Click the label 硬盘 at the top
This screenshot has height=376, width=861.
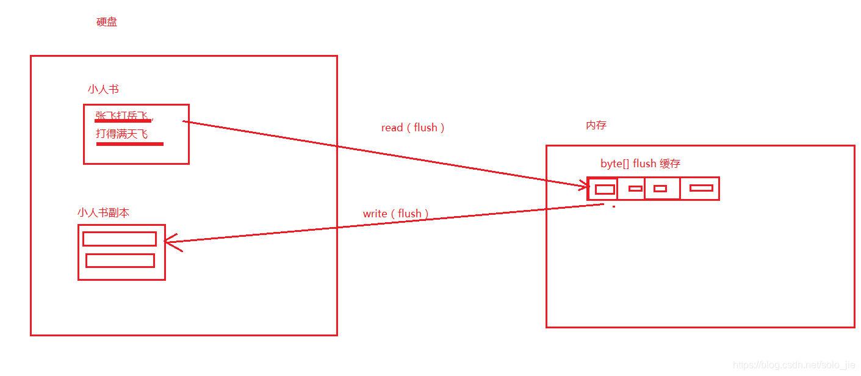[x=107, y=23]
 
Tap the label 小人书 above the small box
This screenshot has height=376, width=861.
[x=103, y=89]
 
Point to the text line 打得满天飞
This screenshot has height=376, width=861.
[x=122, y=134]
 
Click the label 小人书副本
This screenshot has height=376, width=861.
[x=103, y=212]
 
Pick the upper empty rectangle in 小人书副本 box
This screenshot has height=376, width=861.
[x=120, y=239]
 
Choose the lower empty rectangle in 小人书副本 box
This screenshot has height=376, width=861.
[x=120, y=261]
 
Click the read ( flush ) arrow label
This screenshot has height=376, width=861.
[x=412, y=128]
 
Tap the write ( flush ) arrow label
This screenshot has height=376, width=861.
[x=395, y=214]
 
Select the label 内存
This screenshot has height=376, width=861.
[x=596, y=125]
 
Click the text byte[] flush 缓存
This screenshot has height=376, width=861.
[x=640, y=164]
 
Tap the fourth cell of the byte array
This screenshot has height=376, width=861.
[x=700, y=188]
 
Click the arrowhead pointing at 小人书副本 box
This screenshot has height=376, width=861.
[x=169, y=242]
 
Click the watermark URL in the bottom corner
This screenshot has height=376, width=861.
[x=793, y=365]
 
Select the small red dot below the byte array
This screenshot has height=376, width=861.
[x=614, y=207]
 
